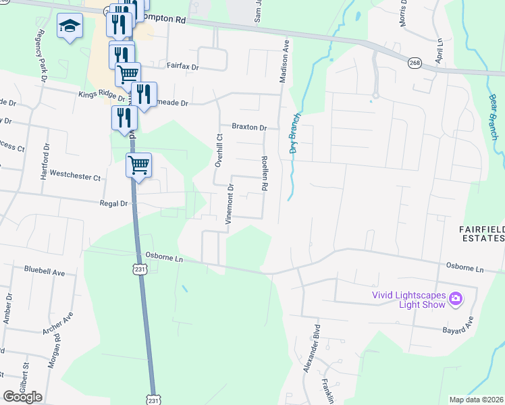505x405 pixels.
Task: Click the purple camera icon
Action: [456, 298]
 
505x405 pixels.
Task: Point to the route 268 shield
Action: [415, 63]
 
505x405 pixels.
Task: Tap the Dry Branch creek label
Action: [295, 132]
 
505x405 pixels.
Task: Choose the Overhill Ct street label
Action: [218, 150]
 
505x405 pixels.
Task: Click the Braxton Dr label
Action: [250, 127]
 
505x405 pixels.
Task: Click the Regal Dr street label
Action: [113, 203]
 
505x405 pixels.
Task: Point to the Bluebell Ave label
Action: [44, 272]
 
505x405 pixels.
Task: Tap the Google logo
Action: [22, 396]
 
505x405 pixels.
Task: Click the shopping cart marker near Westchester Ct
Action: [138, 164]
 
